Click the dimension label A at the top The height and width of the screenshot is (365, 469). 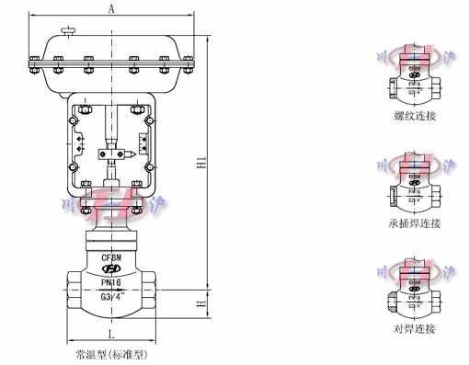click(111, 9)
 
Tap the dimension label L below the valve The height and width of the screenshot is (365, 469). click(110, 332)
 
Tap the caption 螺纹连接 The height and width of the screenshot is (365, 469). click(415, 116)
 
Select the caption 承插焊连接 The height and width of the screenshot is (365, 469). click(415, 223)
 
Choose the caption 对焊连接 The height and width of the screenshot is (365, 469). click(415, 328)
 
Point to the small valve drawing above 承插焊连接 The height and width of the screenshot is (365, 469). click(413, 184)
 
